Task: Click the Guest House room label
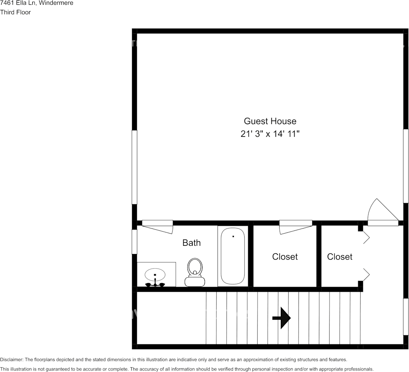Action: (270, 121)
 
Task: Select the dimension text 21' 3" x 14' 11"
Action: (270, 134)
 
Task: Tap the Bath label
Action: (192, 243)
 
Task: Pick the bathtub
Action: (233, 256)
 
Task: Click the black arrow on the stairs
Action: (281, 317)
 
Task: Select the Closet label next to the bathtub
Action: (285, 257)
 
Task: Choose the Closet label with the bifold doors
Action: (339, 257)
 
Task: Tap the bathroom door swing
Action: (158, 227)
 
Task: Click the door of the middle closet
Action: (296, 227)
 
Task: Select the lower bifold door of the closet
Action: (366, 274)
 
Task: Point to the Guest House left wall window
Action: (134, 167)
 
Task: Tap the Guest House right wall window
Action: (406, 166)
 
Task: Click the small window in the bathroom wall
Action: (134, 241)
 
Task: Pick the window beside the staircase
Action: (406, 317)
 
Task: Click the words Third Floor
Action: (15, 12)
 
